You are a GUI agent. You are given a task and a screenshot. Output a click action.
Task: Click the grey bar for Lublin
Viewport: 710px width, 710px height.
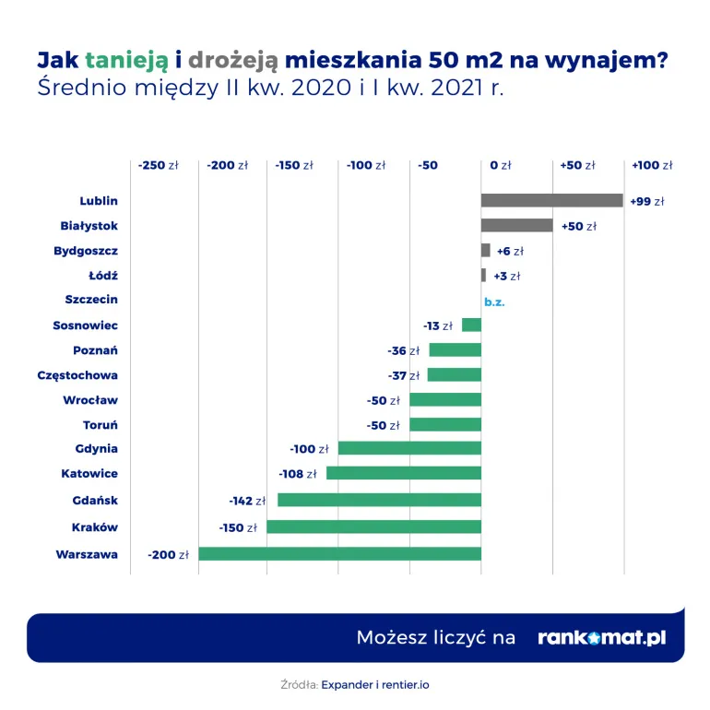tap(551, 200)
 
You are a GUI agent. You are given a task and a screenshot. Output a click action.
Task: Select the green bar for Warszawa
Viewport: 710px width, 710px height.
tap(339, 554)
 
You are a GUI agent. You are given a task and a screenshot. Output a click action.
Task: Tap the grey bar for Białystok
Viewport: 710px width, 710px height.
tap(516, 226)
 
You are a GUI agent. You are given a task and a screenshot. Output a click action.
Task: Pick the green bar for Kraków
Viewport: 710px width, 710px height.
tap(373, 527)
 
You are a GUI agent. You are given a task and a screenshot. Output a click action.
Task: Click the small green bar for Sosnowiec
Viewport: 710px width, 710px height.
tap(471, 325)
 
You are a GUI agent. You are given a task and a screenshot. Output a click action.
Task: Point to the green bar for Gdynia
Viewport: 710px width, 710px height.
tap(409, 448)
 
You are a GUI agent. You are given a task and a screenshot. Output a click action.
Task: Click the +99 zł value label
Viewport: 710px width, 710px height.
tap(646, 201)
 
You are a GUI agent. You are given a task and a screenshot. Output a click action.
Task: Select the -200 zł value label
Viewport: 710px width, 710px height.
tap(168, 555)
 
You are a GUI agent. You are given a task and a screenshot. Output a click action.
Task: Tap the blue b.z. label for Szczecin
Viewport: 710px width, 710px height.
tap(495, 301)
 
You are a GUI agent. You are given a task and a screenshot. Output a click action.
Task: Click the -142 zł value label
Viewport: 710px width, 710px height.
tap(247, 501)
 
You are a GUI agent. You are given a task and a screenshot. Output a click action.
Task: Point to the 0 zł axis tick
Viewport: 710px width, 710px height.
tap(501, 165)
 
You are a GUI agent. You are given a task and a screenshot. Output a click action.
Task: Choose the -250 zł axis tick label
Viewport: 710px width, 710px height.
tap(158, 165)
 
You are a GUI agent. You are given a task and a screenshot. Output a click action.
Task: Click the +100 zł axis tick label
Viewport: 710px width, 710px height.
tap(652, 165)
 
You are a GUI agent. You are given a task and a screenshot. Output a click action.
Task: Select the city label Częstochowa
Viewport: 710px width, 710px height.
tap(77, 375)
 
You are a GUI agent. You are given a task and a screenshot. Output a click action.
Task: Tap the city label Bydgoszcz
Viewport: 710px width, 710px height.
tap(86, 250)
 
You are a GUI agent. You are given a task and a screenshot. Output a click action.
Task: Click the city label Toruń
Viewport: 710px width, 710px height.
tap(101, 425)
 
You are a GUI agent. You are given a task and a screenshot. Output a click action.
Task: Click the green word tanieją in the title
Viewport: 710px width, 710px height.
tap(127, 60)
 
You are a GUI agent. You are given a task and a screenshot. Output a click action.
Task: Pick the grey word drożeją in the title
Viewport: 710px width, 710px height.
tap(233, 60)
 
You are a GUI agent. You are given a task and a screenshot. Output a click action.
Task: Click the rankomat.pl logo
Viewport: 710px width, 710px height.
tap(601, 638)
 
